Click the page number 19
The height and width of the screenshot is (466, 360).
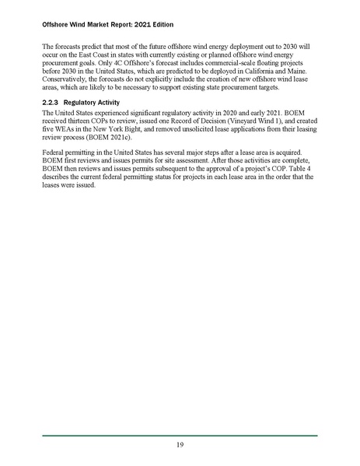pyautogui.click(x=180, y=445)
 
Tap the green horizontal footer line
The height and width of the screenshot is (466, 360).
pyautogui.click(x=180, y=435)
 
